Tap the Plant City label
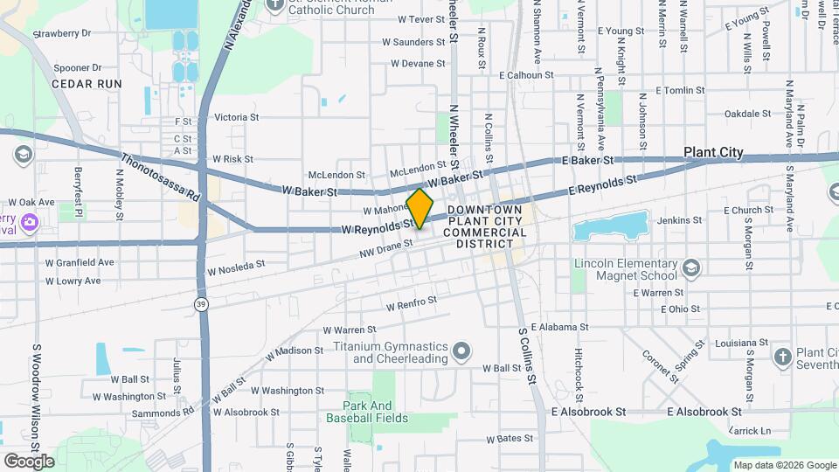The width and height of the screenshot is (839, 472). pos(713,152)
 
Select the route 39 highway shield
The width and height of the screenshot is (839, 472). pos(201,303)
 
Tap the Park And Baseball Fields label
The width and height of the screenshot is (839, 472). pos(367,412)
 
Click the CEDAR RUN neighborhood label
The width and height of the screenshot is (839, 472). pos(87,83)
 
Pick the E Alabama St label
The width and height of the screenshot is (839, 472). pos(545,324)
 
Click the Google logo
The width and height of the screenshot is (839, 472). pos(29,461)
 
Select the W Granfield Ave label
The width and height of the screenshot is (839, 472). pos(80,261)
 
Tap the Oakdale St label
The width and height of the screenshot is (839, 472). pos(748,114)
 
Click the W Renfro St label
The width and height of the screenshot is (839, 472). pos(411,303)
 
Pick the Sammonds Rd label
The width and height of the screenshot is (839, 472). pos(164,413)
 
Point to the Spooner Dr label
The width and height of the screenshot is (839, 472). pos(78,67)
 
